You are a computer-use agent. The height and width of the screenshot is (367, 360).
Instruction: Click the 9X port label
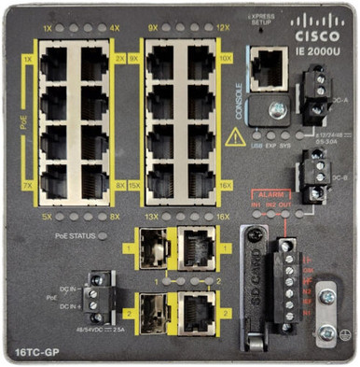[x=153, y=29]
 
